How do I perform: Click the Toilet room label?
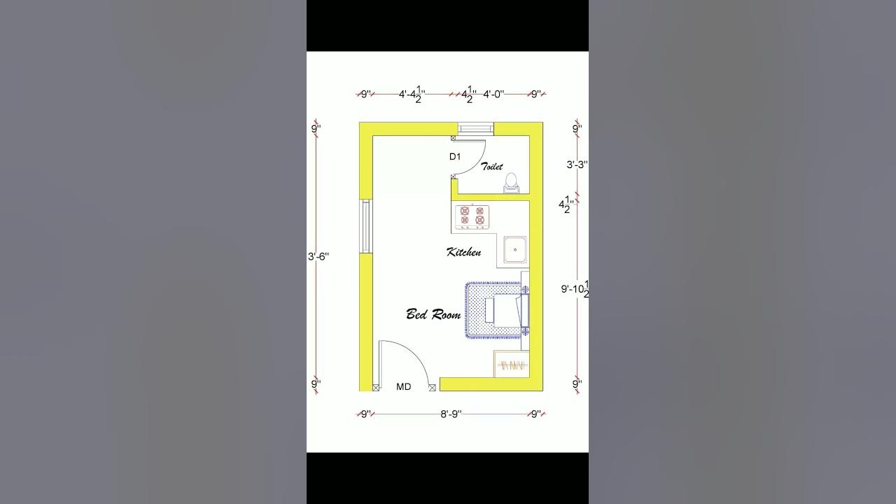pyautogui.click(x=491, y=167)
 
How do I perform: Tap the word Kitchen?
pyautogui.click(x=463, y=252)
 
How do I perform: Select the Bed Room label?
pyautogui.click(x=433, y=314)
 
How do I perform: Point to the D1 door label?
pyautogui.click(x=455, y=157)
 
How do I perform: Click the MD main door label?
pyautogui.click(x=403, y=386)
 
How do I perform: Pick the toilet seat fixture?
pyautogui.click(x=511, y=183)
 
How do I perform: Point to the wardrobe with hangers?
pyautogui.click(x=511, y=365)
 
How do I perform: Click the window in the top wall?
pyautogui.click(x=475, y=128)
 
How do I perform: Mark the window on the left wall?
pyautogui.click(x=365, y=226)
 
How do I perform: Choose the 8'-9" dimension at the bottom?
pyautogui.click(x=451, y=414)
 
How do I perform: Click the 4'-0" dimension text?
pyautogui.click(x=493, y=94)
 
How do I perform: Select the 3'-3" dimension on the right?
pyautogui.click(x=577, y=165)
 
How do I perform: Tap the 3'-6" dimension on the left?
pyautogui.click(x=318, y=257)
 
